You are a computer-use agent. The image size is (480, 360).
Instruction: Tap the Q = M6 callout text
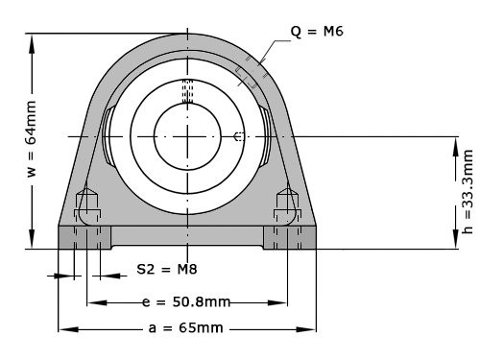pyautogui.click(x=317, y=32)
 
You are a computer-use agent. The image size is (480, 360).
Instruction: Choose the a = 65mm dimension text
pyautogui.click(x=187, y=328)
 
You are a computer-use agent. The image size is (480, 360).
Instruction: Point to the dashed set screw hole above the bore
pyautogui.click(x=188, y=90)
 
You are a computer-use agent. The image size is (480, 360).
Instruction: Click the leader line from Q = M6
pyautogui.click(x=276, y=48)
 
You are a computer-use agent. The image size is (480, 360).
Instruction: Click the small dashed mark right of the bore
pyautogui.click(x=239, y=137)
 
